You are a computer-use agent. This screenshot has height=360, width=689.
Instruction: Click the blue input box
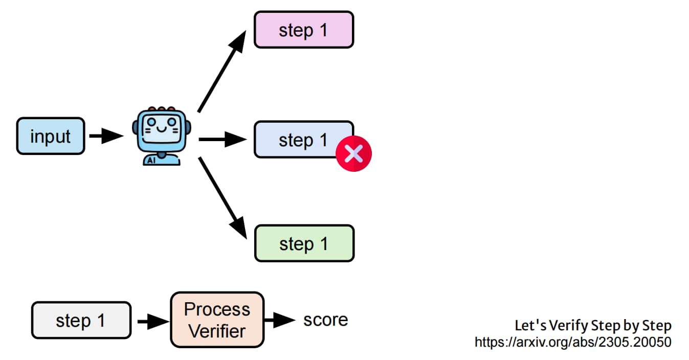pos(51,136)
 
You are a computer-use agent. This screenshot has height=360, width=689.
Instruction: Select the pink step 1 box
pos(304,30)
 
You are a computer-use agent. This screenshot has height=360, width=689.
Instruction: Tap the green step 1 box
pos(304,243)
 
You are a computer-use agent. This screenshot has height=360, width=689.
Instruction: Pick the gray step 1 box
pos(81,320)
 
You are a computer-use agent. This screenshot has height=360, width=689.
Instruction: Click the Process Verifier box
pos(217,320)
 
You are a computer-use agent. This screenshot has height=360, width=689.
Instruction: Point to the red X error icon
pos(353,153)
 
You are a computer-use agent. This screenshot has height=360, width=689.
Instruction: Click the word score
pos(326,320)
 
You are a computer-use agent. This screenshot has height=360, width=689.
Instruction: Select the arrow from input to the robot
pos(106,136)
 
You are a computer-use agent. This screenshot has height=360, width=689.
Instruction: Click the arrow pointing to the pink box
pos(222,71)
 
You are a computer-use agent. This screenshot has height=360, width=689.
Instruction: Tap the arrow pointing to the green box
pos(223,198)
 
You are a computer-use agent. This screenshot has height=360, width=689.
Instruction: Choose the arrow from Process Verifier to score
pos(280,320)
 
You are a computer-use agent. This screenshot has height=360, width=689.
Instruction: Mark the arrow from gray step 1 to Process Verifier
pos(153,322)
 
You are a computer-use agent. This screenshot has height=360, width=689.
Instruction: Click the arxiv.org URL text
pos(573,342)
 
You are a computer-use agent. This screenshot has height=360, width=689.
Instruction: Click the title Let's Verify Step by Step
pos(593,325)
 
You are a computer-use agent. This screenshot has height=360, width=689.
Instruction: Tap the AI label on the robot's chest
pos(151,160)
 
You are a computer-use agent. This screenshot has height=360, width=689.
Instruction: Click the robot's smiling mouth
pos(162,128)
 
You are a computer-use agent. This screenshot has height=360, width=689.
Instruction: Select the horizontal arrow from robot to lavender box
pos(223,139)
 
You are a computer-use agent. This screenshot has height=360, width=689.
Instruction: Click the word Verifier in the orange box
pos(217,331)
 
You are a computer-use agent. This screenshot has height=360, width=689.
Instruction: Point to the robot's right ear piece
pos(188,127)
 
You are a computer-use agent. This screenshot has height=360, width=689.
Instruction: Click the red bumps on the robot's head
pos(162,109)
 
